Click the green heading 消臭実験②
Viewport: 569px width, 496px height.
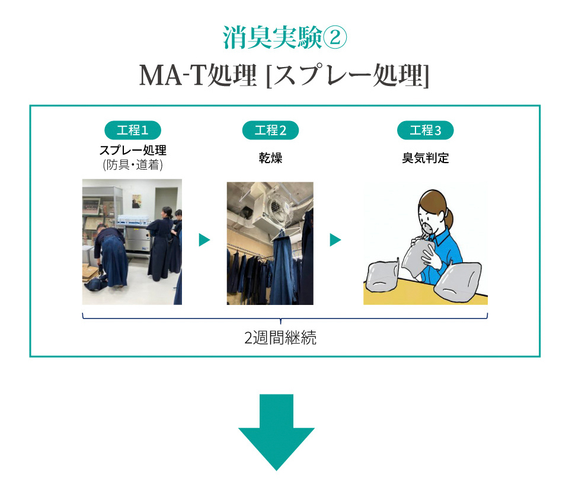[285, 37]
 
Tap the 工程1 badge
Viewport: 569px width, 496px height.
[132, 130]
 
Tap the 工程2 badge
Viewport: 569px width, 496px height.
[270, 130]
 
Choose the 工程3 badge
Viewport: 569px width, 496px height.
[426, 130]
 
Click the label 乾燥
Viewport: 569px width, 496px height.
[270, 158]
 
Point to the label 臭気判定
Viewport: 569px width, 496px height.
[426, 158]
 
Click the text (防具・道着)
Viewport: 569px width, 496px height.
[133, 164]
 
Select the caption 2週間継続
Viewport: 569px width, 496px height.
[280, 338]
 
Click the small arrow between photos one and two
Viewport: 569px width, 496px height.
[204, 240]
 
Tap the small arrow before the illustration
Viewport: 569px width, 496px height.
[335, 240]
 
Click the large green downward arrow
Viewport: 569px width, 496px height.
[276, 432]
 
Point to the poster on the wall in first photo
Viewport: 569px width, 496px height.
[136, 201]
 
